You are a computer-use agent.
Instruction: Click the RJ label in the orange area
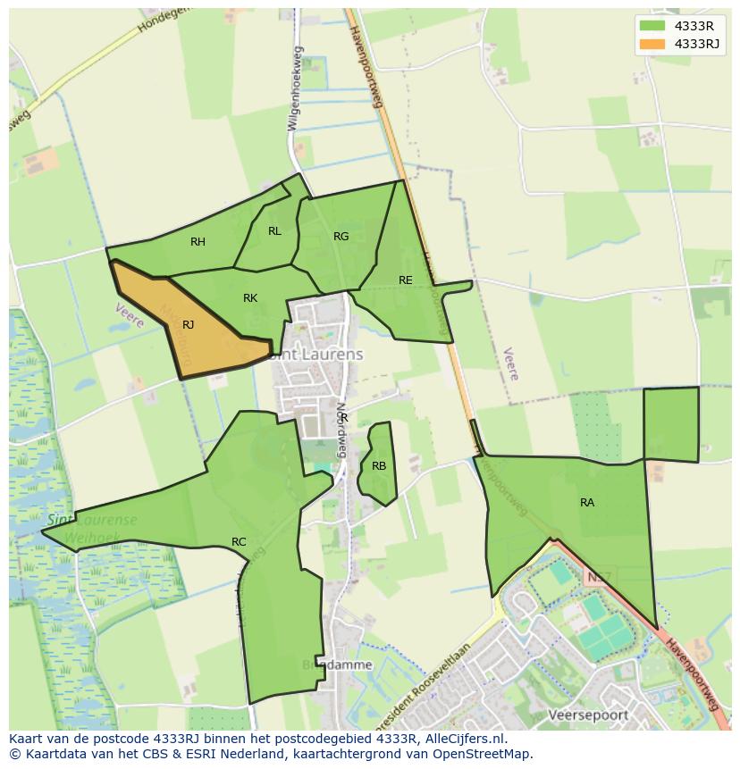click(188, 325)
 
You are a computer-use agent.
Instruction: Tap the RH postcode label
click(198, 242)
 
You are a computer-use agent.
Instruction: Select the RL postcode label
click(274, 231)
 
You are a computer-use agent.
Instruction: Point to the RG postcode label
click(341, 237)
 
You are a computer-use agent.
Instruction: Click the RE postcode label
click(406, 280)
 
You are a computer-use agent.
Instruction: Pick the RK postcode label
click(250, 298)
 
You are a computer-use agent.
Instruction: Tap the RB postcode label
click(379, 466)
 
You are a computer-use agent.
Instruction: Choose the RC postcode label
click(239, 542)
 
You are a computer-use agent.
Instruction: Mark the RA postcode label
click(587, 503)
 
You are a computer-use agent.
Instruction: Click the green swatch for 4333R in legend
click(653, 26)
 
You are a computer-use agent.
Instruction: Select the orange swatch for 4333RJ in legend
click(653, 44)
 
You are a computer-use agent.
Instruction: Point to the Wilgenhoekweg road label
click(294, 89)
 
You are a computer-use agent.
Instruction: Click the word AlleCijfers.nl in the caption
click(465, 740)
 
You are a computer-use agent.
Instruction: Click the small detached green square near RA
click(670, 424)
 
